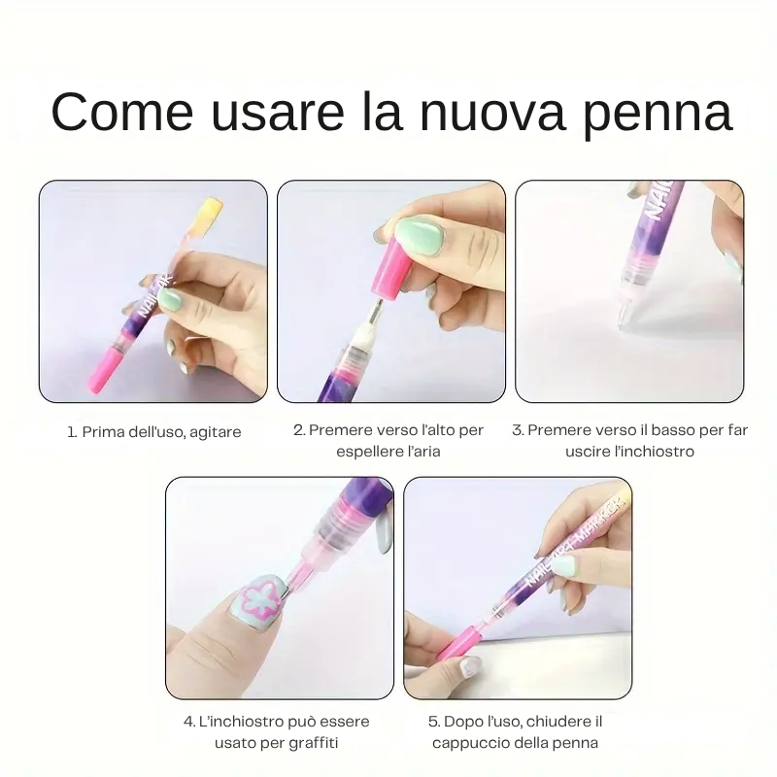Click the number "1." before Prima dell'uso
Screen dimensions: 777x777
[74, 431]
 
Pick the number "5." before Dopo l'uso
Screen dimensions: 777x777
[434, 722]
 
